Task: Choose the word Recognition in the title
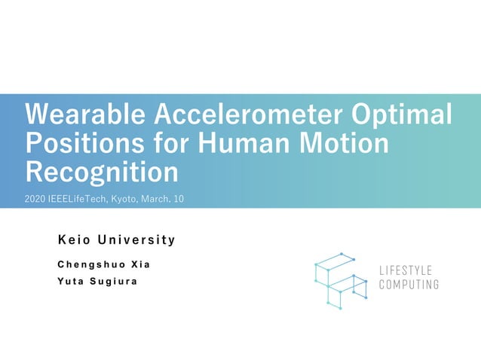click(103, 172)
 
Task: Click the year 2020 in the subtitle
click(35, 199)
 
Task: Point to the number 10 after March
click(179, 199)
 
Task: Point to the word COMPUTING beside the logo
click(409, 285)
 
